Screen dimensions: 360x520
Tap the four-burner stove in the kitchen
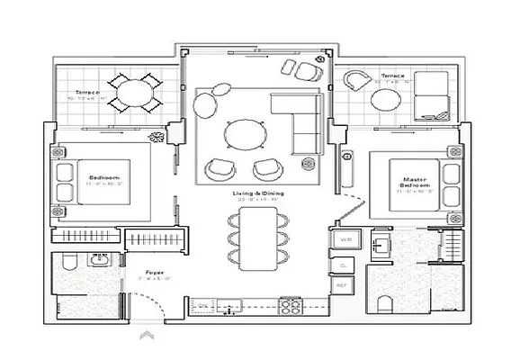(290, 307)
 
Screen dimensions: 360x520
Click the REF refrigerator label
(344, 286)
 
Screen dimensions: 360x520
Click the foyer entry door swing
(148, 310)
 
